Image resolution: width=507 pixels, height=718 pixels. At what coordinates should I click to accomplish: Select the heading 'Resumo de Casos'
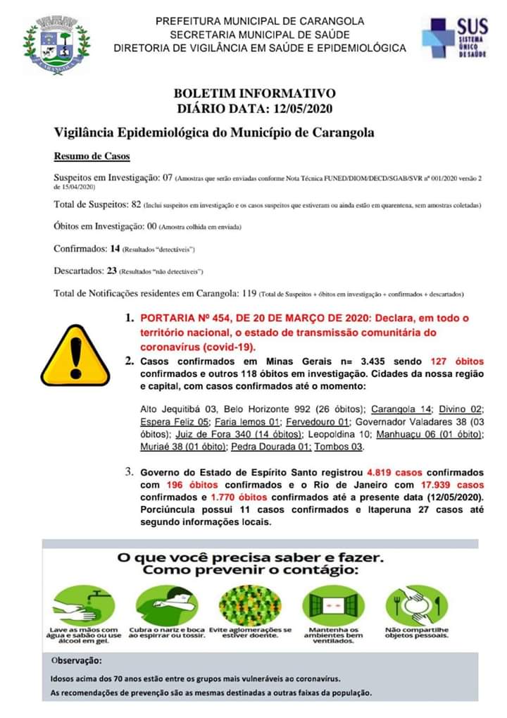[92, 156]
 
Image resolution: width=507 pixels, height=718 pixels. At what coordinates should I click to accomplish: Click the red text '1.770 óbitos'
[201, 497]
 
